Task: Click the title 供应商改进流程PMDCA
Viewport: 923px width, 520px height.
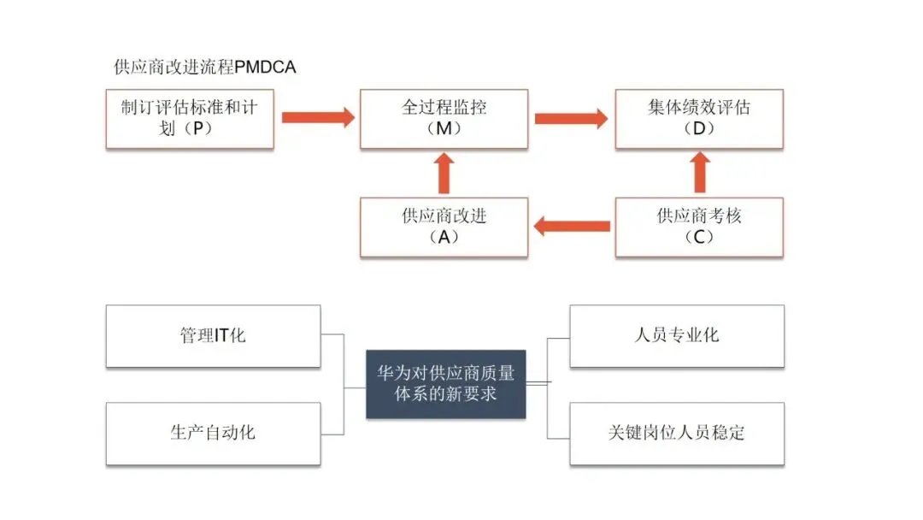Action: click(x=205, y=67)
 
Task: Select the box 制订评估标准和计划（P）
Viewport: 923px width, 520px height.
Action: click(x=190, y=118)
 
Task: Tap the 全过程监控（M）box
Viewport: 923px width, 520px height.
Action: click(x=444, y=118)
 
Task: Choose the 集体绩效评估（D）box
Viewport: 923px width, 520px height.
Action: click(x=699, y=118)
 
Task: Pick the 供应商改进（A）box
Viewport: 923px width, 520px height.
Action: click(x=444, y=227)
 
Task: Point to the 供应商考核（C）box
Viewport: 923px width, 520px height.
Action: click(x=699, y=227)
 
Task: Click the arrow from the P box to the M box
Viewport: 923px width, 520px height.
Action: click(x=317, y=117)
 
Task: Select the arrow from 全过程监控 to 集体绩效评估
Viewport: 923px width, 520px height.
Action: click(x=571, y=117)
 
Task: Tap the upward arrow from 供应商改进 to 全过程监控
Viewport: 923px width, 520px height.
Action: click(x=444, y=174)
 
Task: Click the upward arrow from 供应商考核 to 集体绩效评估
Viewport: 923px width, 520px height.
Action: click(x=700, y=174)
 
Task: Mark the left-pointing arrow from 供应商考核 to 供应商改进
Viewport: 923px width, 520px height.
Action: click(x=571, y=227)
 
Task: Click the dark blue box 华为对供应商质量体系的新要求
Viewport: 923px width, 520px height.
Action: click(x=445, y=384)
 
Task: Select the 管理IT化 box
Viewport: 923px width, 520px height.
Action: click(x=213, y=335)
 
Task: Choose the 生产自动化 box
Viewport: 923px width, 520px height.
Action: click(x=213, y=433)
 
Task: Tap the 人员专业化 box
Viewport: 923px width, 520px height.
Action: click(x=677, y=335)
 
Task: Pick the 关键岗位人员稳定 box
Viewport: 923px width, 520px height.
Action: click(x=677, y=433)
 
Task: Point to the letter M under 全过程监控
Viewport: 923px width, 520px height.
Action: click(x=444, y=129)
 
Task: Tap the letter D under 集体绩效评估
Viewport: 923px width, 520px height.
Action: click(x=699, y=129)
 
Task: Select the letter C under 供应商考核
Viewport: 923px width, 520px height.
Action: click(x=699, y=238)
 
